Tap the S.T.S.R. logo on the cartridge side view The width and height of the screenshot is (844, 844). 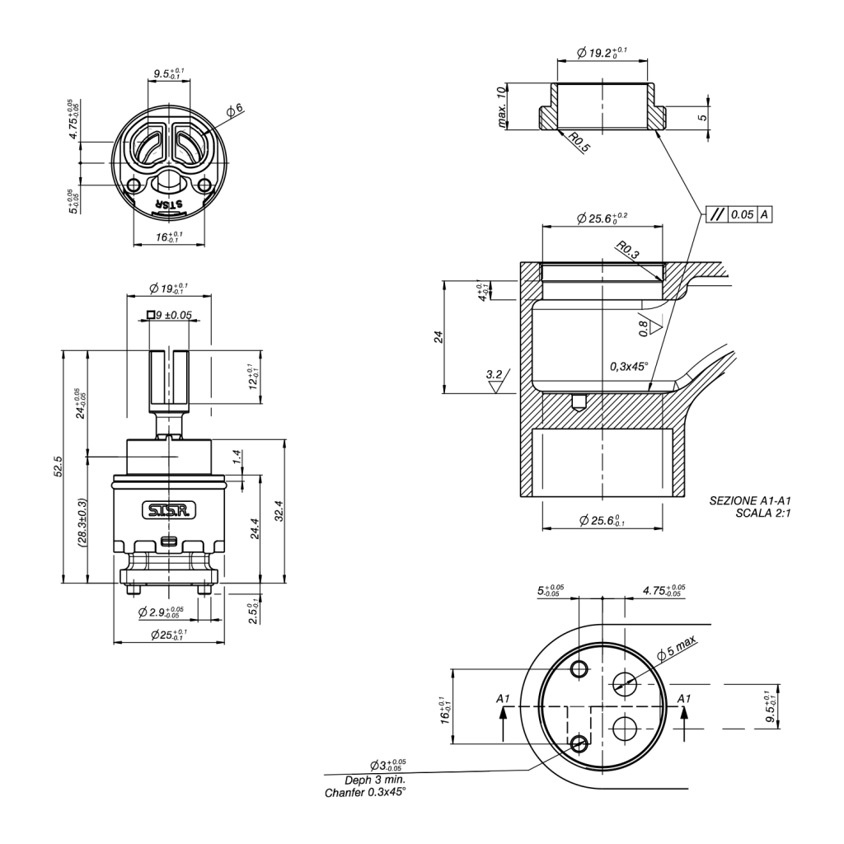tap(168, 511)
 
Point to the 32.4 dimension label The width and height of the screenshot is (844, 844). tap(278, 511)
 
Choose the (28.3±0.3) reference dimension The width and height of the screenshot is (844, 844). tap(82, 523)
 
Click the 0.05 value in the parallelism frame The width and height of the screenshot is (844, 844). tap(742, 214)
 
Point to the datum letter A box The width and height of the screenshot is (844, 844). tap(765, 214)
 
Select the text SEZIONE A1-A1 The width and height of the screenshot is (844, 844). tap(749, 500)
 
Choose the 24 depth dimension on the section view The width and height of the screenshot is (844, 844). tap(438, 336)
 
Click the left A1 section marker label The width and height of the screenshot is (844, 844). tap(504, 699)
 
